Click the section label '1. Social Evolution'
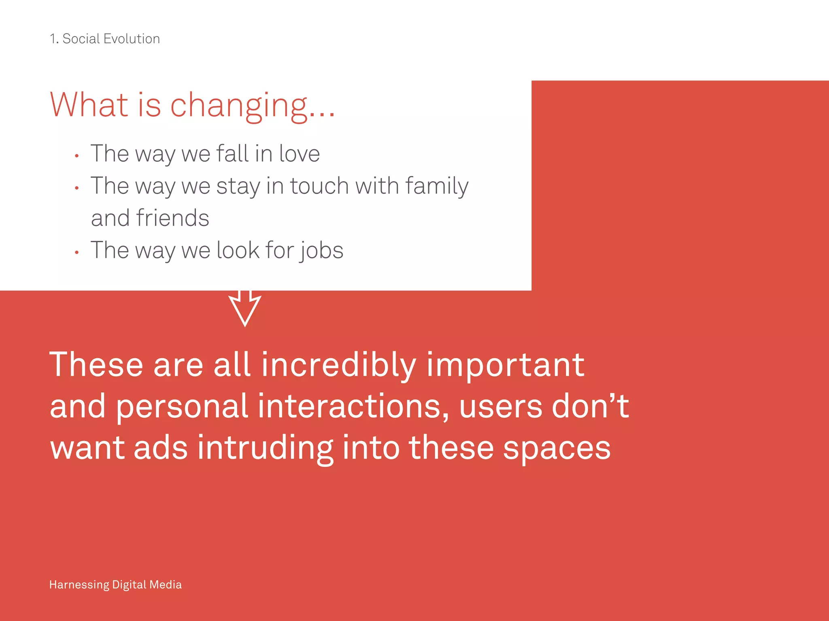(104, 39)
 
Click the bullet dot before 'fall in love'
(77, 156)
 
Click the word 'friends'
(172, 218)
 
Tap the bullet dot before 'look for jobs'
(77, 253)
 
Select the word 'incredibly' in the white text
(338, 365)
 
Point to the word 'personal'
(182, 407)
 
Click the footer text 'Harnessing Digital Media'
(115, 585)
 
